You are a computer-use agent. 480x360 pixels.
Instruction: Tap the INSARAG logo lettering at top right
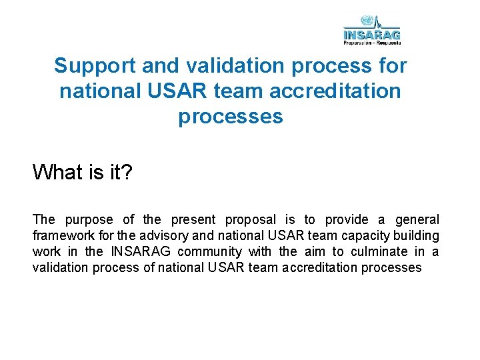(x=372, y=34)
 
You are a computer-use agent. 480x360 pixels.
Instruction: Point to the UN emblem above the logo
(x=366, y=20)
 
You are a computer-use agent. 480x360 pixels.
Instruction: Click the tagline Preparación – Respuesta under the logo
(x=372, y=42)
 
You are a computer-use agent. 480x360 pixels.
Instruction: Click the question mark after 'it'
(x=127, y=173)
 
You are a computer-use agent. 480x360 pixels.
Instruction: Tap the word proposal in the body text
(x=250, y=219)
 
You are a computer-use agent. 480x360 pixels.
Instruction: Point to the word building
(x=417, y=235)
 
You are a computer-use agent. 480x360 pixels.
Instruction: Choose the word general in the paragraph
(x=417, y=219)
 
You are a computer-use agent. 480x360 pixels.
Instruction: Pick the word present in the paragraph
(x=193, y=219)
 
